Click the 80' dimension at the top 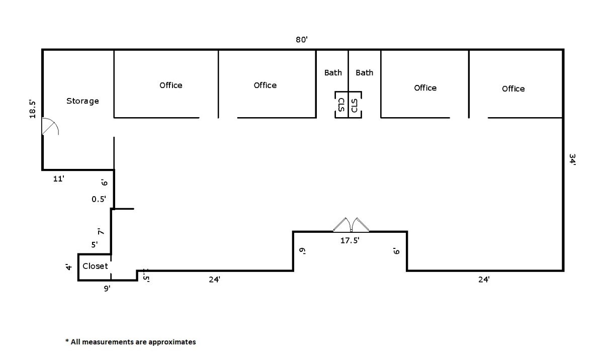click(x=301, y=40)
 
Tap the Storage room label click(x=82, y=101)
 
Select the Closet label click(x=95, y=266)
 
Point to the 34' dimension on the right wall click(x=572, y=159)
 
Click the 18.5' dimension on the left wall click(x=33, y=109)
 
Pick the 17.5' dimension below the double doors click(x=350, y=241)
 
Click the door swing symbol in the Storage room click(x=50, y=127)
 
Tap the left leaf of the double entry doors click(x=342, y=225)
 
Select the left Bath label click(x=333, y=72)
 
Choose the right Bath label click(x=365, y=72)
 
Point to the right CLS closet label click(x=355, y=105)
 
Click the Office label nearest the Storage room click(x=171, y=85)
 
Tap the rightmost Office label click(x=513, y=88)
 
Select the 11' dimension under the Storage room click(x=59, y=178)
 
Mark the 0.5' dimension click(x=99, y=199)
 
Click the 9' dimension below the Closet click(x=107, y=289)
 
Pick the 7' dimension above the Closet click(x=101, y=232)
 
